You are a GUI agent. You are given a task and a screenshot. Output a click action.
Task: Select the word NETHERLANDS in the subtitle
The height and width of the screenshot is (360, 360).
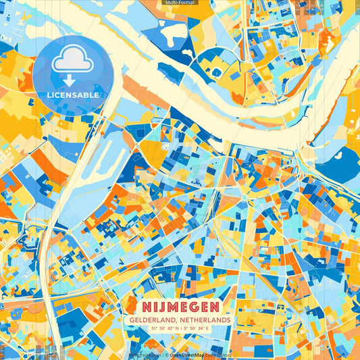pyautogui.click(x=204, y=319)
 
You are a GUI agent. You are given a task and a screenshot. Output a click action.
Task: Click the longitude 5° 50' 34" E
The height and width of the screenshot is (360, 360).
pyautogui.click(x=203, y=329)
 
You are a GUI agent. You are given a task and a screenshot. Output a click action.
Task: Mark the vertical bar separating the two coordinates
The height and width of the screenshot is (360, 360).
pyautogui.click(x=180, y=329)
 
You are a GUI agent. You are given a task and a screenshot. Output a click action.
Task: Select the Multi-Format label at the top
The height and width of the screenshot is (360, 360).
pyautogui.click(x=180, y=3)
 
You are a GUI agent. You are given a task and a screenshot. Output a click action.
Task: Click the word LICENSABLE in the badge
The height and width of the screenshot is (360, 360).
pyautogui.click(x=73, y=95)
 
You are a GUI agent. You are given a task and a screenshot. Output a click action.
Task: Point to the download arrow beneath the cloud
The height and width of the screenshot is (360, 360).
pyautogui.click(x=70, y=80)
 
